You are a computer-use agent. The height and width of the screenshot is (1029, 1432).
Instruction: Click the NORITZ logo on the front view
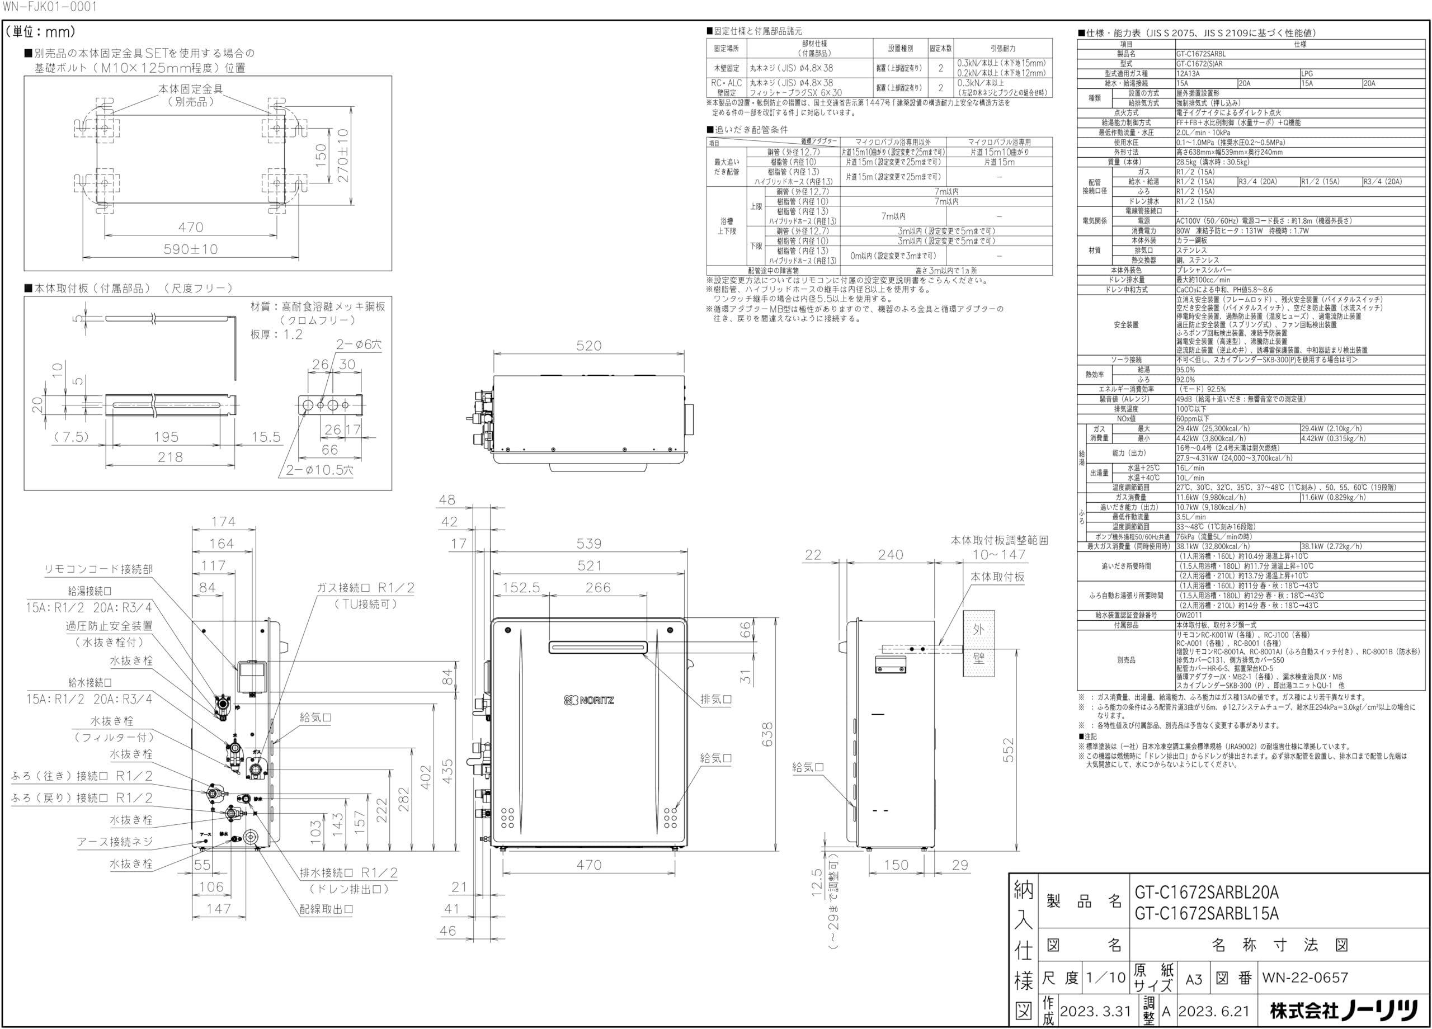click(588, 700)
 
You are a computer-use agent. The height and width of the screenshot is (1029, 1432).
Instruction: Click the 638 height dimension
click(768, 734)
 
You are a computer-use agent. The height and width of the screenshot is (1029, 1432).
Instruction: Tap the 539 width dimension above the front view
click(588, 544)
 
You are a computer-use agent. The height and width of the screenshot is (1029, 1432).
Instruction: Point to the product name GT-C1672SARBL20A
click(1207, 893)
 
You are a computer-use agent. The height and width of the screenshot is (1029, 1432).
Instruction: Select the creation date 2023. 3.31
click(1095, 1011)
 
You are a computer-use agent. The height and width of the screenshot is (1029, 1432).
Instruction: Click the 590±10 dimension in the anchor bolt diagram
click(191, 249)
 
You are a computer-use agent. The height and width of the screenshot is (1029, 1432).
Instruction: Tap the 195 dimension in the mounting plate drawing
click(167, 437)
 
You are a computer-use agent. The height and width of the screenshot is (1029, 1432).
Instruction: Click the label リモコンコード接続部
click(98, 569)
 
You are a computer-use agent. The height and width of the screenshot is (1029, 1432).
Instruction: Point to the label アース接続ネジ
click(115, 842)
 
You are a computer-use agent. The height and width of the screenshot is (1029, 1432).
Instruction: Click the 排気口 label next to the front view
click(716, 700)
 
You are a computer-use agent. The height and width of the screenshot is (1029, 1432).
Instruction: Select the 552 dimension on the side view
click(1009, 749)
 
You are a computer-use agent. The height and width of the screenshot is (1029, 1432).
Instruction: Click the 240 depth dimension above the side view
click(891, 554)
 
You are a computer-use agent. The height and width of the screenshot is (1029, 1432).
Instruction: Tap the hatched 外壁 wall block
click(978, 643)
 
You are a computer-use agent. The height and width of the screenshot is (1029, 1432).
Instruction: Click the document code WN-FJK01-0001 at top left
click(50, 7)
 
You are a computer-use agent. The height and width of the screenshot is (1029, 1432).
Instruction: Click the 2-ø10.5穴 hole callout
click(319, 470)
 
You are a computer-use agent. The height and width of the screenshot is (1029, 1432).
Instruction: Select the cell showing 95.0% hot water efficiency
click(1186, 370)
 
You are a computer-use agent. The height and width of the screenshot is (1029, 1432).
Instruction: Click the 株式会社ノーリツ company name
click(1344, 1011)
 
